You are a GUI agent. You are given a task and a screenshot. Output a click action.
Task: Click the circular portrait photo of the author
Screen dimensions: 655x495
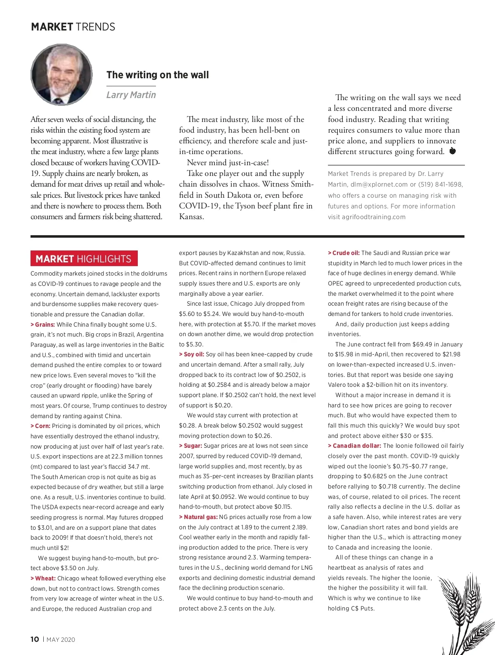62,75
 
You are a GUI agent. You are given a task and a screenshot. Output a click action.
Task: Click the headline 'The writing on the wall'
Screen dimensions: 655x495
158,75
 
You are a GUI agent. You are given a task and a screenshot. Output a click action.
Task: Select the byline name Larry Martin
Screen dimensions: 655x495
131,95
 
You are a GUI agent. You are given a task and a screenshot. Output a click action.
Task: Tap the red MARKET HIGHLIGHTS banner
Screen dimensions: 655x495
84,259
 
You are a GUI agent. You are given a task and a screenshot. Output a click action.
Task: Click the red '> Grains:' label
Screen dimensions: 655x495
43,325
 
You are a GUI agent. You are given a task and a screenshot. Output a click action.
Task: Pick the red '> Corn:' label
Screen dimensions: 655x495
40,426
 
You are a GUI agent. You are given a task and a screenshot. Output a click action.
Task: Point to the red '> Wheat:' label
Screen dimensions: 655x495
43,578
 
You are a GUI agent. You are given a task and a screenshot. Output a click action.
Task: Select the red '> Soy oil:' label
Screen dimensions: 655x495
191,354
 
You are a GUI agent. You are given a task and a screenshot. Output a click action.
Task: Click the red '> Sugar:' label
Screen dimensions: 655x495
191,446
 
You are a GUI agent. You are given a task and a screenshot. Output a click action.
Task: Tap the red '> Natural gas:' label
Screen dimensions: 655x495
198,517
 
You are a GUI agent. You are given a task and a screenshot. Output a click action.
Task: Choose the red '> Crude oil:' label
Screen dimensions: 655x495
344,253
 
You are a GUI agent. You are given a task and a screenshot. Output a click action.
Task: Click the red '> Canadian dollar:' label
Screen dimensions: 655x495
354,446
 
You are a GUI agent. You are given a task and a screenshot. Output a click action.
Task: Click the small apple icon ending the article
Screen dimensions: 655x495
453,151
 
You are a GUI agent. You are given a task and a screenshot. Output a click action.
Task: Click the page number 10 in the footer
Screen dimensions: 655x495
35,639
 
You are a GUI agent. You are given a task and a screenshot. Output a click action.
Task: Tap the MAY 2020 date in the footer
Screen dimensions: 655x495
61,639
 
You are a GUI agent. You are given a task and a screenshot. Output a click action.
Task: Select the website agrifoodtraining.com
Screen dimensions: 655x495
374,217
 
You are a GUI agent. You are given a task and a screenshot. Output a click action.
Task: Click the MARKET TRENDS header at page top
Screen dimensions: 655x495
73,27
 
